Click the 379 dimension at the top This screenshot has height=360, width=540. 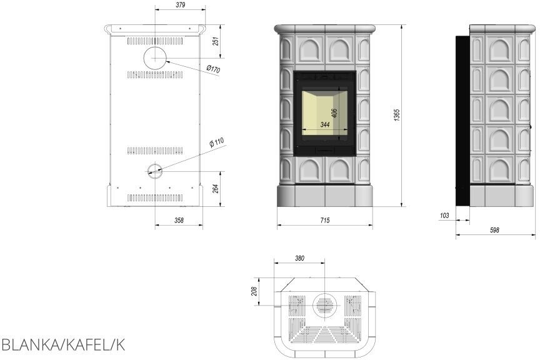[x=180, y=5]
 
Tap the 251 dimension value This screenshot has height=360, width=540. [x=216, y=41]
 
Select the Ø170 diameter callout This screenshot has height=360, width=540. [x=213, y=69]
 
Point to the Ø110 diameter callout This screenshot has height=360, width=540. [x=217, y=142]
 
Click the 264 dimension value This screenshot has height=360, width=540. [x=216, y=189]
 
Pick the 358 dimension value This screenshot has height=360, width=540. [x=179, y=220]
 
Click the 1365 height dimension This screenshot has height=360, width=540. [x=397, y=115]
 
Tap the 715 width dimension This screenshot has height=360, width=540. [x=325, y=220]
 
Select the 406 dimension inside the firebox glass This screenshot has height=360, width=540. [x=334, y=113]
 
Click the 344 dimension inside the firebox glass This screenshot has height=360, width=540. [x=325, y=124]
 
